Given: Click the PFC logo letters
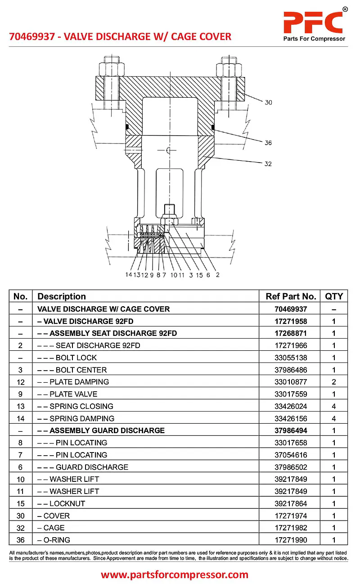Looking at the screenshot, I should tap(313, 21).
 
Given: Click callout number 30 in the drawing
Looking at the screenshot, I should tap(268, 103).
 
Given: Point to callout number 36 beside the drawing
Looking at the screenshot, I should tap(268, 143).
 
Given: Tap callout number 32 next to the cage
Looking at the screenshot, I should tap(268, 164).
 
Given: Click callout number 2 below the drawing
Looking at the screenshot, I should tap(217, 275).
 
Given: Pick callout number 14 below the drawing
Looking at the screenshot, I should tap(129, 275).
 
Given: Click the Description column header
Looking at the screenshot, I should tap(62, 296).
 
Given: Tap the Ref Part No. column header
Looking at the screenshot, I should tap(291, 296).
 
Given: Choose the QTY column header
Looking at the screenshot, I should tap(334, 296).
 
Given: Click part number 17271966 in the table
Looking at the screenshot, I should tap(291, 345).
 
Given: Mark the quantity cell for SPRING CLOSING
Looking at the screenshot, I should tap(334, 406).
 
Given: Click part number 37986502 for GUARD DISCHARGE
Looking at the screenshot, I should tap(291, 467).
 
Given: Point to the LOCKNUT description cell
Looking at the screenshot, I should tap(67, 503).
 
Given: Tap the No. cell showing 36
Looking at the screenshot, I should tap(21, 540).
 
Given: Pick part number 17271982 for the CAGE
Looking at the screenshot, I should tap(291, 528).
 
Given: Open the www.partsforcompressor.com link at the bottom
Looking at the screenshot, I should tap(175, 575).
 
